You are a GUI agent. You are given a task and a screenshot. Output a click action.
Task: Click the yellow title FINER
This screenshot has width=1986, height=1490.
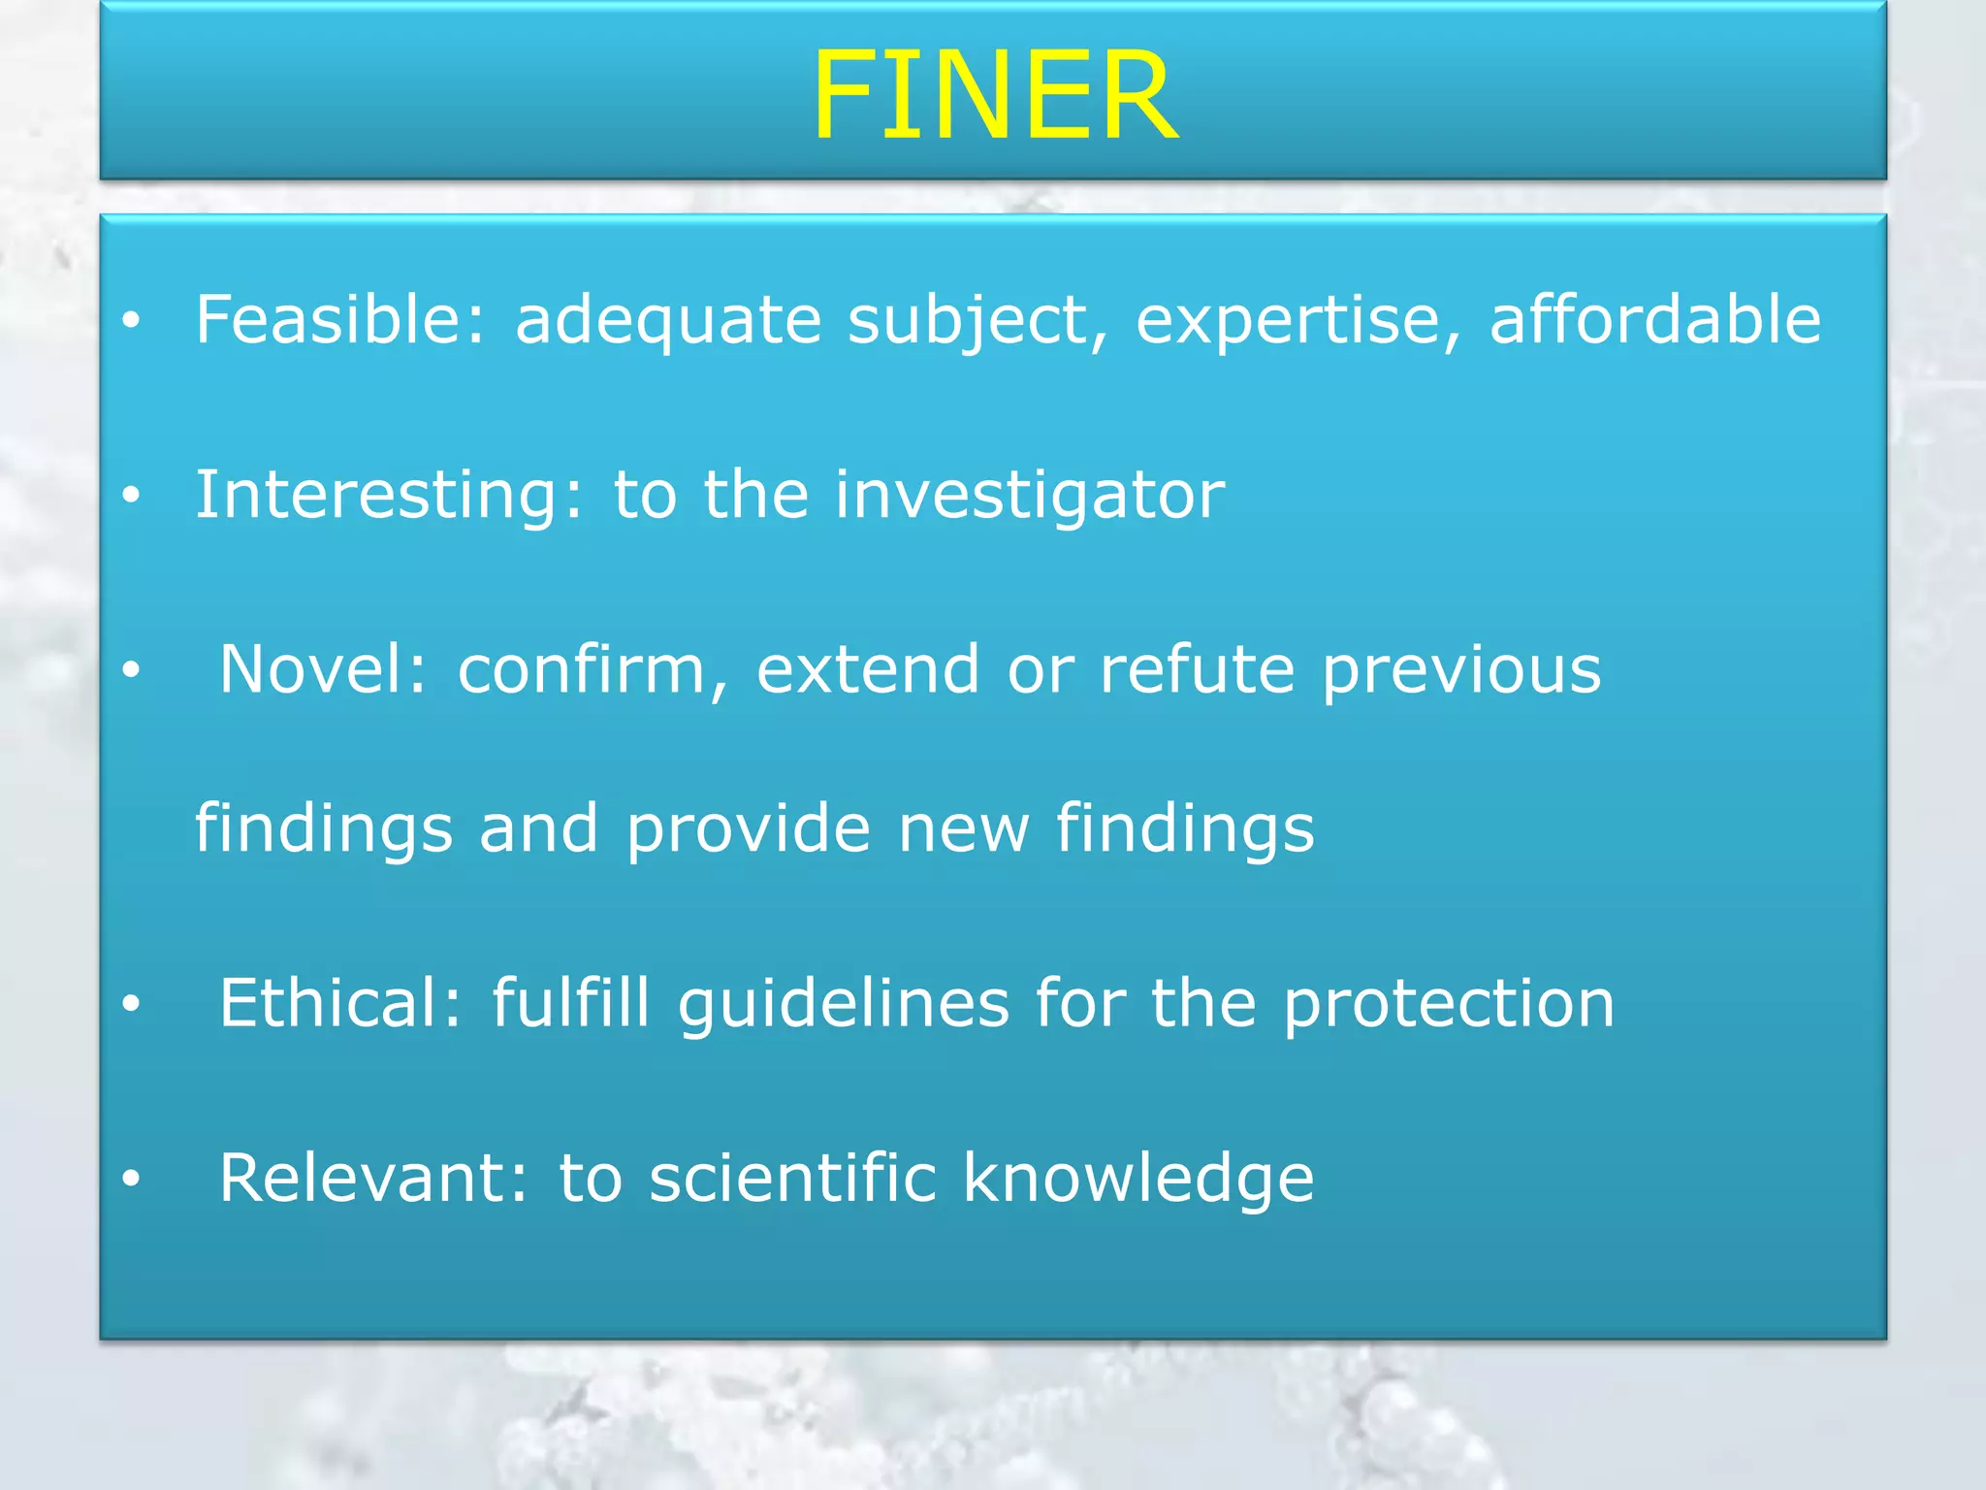(x=994, y=97)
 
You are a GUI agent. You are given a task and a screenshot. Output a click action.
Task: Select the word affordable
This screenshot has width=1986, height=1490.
(x=1654, y=319)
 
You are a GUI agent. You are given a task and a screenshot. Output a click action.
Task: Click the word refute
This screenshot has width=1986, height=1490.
(x=1197, y=669)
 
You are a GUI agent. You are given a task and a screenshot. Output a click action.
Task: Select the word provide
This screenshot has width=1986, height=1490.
(x=748, y=830)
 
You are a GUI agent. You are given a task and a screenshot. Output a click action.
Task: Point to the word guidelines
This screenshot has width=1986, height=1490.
(x=843, y=1005)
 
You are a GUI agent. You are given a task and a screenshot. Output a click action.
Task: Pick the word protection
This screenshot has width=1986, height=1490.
(x=1449, y=1005)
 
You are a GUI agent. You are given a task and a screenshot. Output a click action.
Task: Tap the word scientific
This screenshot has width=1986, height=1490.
(x=792, y=1178)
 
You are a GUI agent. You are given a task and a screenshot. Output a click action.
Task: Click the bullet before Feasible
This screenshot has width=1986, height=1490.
(x=132, y=321)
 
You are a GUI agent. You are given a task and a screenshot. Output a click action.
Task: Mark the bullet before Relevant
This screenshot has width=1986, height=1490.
(x=132, y=1179)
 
